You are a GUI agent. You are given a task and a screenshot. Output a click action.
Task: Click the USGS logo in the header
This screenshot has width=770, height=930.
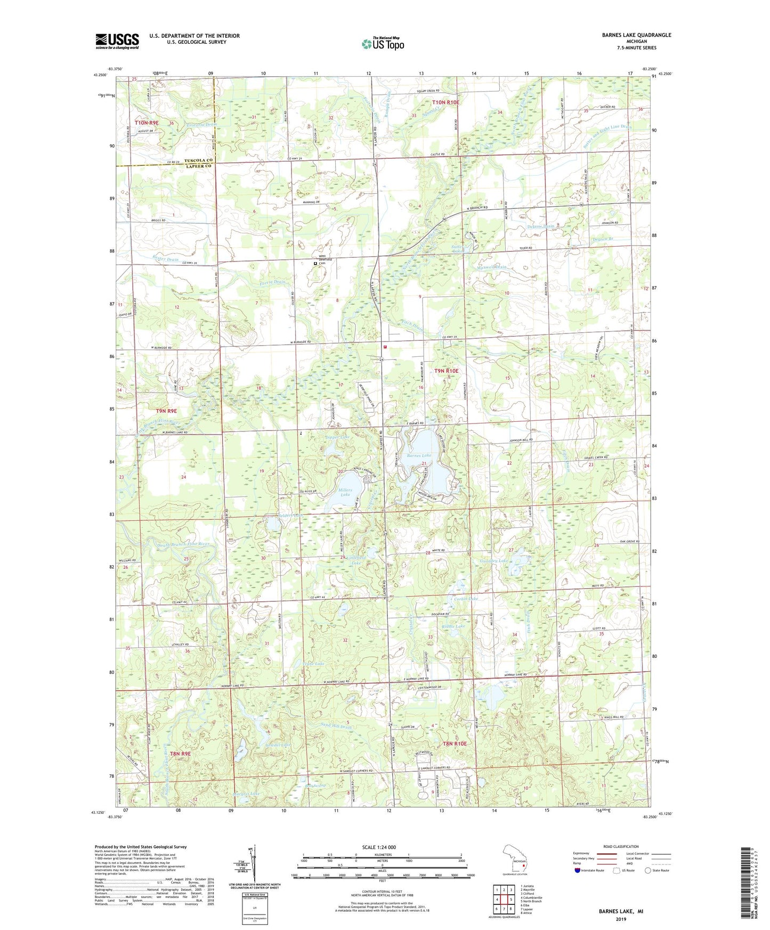[117, 41]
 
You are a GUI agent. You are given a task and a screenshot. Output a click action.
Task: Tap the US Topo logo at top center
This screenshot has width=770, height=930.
[383, 44]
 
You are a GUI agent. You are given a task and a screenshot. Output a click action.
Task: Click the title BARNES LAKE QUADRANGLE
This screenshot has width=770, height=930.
[636, 35]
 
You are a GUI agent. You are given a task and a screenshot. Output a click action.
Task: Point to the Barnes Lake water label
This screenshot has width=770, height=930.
[419, 455]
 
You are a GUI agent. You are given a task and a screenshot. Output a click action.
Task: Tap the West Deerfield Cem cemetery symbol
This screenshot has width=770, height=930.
[315, 263]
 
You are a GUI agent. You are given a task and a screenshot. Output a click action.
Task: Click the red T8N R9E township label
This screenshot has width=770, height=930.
[181, 754]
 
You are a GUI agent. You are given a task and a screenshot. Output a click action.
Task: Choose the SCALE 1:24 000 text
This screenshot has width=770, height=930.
[379, 847]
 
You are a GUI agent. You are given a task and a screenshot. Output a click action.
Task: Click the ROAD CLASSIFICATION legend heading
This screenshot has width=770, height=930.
[621, 846]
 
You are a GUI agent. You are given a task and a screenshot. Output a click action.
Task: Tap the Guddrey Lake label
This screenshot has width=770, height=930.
[494, 561]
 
